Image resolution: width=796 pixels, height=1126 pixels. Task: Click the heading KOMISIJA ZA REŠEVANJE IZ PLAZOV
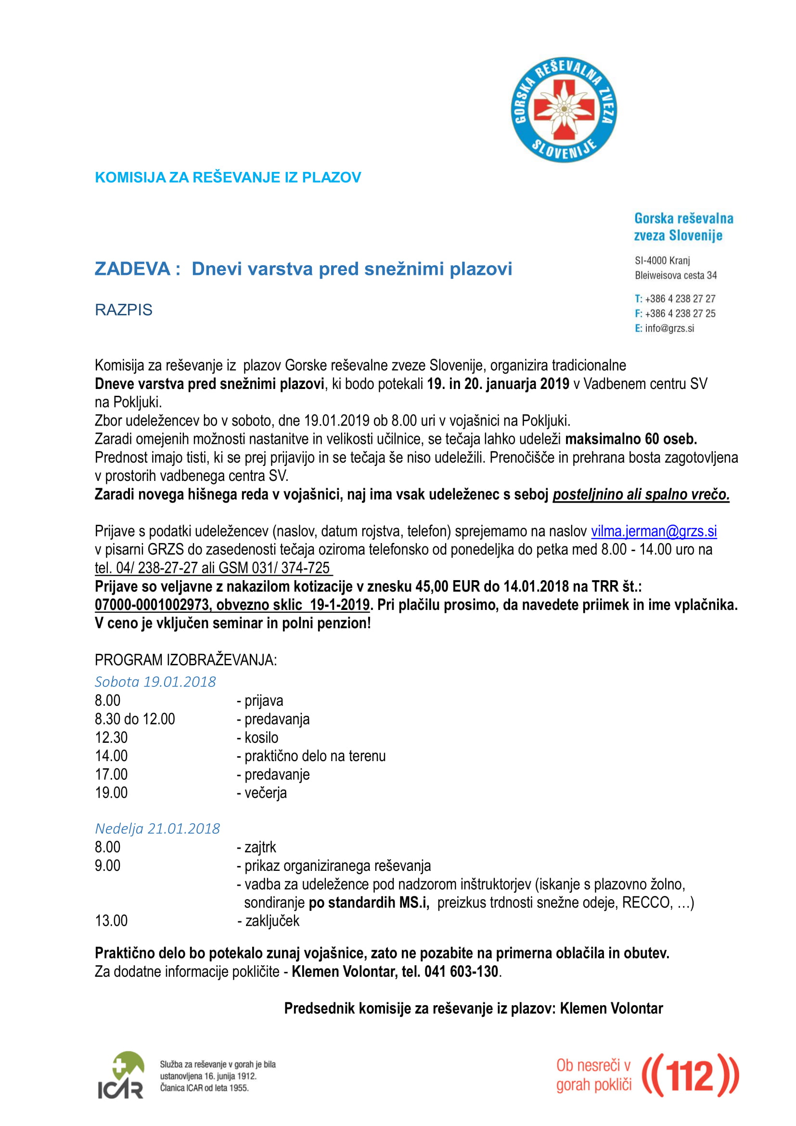click(228, 178)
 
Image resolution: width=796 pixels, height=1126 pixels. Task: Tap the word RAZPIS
click(124, 310)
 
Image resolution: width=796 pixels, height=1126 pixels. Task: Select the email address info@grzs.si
click(669, 328)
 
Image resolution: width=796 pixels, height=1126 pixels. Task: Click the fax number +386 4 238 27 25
click(680, 313)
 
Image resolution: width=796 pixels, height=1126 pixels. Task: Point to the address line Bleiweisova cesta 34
click(675, 275)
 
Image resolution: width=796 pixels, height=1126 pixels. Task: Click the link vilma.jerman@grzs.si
click(654, 531)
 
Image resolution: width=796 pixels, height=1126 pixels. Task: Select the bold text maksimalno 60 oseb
click(631, 439)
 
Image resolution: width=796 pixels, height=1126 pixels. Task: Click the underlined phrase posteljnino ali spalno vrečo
click(641, 494)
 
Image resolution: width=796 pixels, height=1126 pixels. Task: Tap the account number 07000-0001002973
click(153, 605)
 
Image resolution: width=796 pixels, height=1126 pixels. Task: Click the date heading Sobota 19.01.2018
click(155, 682)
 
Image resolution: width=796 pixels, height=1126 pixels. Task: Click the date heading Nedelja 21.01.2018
click(157, 828)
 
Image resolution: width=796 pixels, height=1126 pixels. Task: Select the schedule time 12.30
click(111, 738)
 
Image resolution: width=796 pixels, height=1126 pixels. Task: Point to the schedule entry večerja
click(265, 792)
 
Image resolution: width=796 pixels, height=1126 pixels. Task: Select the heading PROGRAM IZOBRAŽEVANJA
click(185, 660)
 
